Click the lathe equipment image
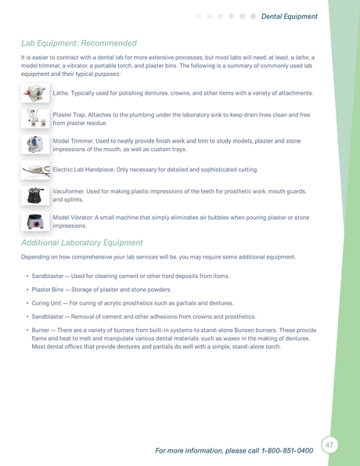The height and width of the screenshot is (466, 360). (35, 94)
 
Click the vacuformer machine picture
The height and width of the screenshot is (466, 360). (35, 195)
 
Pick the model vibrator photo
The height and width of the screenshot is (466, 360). (35, 222)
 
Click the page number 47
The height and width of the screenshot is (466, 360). (329, 445)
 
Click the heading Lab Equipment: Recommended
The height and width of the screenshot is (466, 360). (78, 43)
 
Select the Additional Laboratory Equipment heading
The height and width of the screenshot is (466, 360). (92, 243)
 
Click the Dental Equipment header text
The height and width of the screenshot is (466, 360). (290, 16)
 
